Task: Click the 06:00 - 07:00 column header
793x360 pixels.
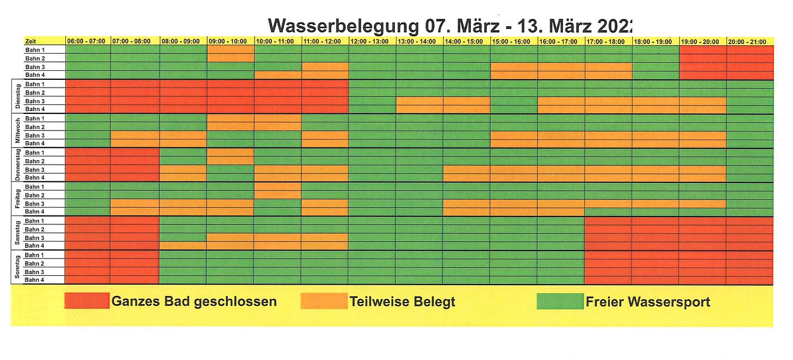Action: coord(88,41)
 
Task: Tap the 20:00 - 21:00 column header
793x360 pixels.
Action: coord(749,41)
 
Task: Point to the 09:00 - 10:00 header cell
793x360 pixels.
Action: coord(231,41)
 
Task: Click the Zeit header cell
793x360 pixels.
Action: coord(44,41)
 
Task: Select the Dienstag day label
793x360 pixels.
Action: coord(17,97)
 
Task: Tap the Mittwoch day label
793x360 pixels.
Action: coord(17,131)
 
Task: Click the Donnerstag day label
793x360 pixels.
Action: coord(17,165)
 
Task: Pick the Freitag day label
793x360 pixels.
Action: coord(17,199)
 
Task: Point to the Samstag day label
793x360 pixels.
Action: coord(17,233)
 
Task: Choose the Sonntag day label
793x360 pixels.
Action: coord(17,267)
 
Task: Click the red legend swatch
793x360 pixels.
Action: coord(87,301)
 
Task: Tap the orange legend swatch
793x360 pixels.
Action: coord(323,301)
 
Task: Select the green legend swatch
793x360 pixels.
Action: coord(560,301)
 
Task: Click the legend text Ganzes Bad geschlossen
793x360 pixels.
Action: coord(194,301)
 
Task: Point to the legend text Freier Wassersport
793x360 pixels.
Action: coord(648,301)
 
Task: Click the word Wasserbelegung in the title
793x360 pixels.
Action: coord(342,26)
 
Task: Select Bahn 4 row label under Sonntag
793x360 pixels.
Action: coord(35,280)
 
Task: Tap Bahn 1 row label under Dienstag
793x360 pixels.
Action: coord(35,84)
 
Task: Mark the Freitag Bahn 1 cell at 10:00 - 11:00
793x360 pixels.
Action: coord(278,186)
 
